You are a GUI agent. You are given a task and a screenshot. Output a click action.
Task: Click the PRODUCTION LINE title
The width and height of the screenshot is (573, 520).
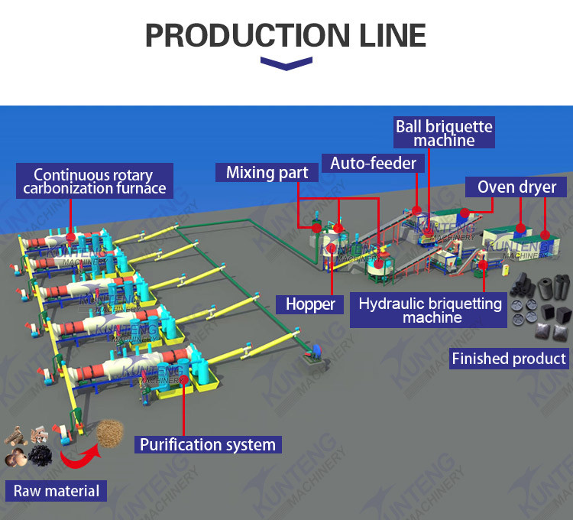pos(286,35)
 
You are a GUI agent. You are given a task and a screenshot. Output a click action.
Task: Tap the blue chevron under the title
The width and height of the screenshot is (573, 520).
pos(286,63)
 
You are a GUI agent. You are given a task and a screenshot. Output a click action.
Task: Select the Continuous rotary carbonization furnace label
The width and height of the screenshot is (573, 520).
pos(94,181)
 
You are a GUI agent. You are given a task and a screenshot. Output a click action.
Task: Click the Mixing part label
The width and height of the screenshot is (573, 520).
pos(267,172)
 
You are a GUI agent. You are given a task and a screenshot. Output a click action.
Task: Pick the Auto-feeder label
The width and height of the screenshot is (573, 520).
pos(373,163)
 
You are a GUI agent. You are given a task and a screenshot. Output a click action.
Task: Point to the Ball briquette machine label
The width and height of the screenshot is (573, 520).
pos(444,132)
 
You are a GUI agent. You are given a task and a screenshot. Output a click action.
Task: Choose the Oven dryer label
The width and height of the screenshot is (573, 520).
pos(517,187)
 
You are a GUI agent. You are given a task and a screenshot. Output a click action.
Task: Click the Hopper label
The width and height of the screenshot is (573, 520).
pos(310,304)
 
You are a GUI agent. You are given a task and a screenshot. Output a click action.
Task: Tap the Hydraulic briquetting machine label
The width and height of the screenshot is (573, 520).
pos(430,310)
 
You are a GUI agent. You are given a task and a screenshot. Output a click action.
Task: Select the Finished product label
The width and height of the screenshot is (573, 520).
pos(509,358)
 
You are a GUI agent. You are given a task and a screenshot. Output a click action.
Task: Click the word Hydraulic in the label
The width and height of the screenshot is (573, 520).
pos(389,304)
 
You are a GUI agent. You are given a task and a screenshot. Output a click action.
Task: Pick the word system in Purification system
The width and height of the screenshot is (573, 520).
pos(253,444)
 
